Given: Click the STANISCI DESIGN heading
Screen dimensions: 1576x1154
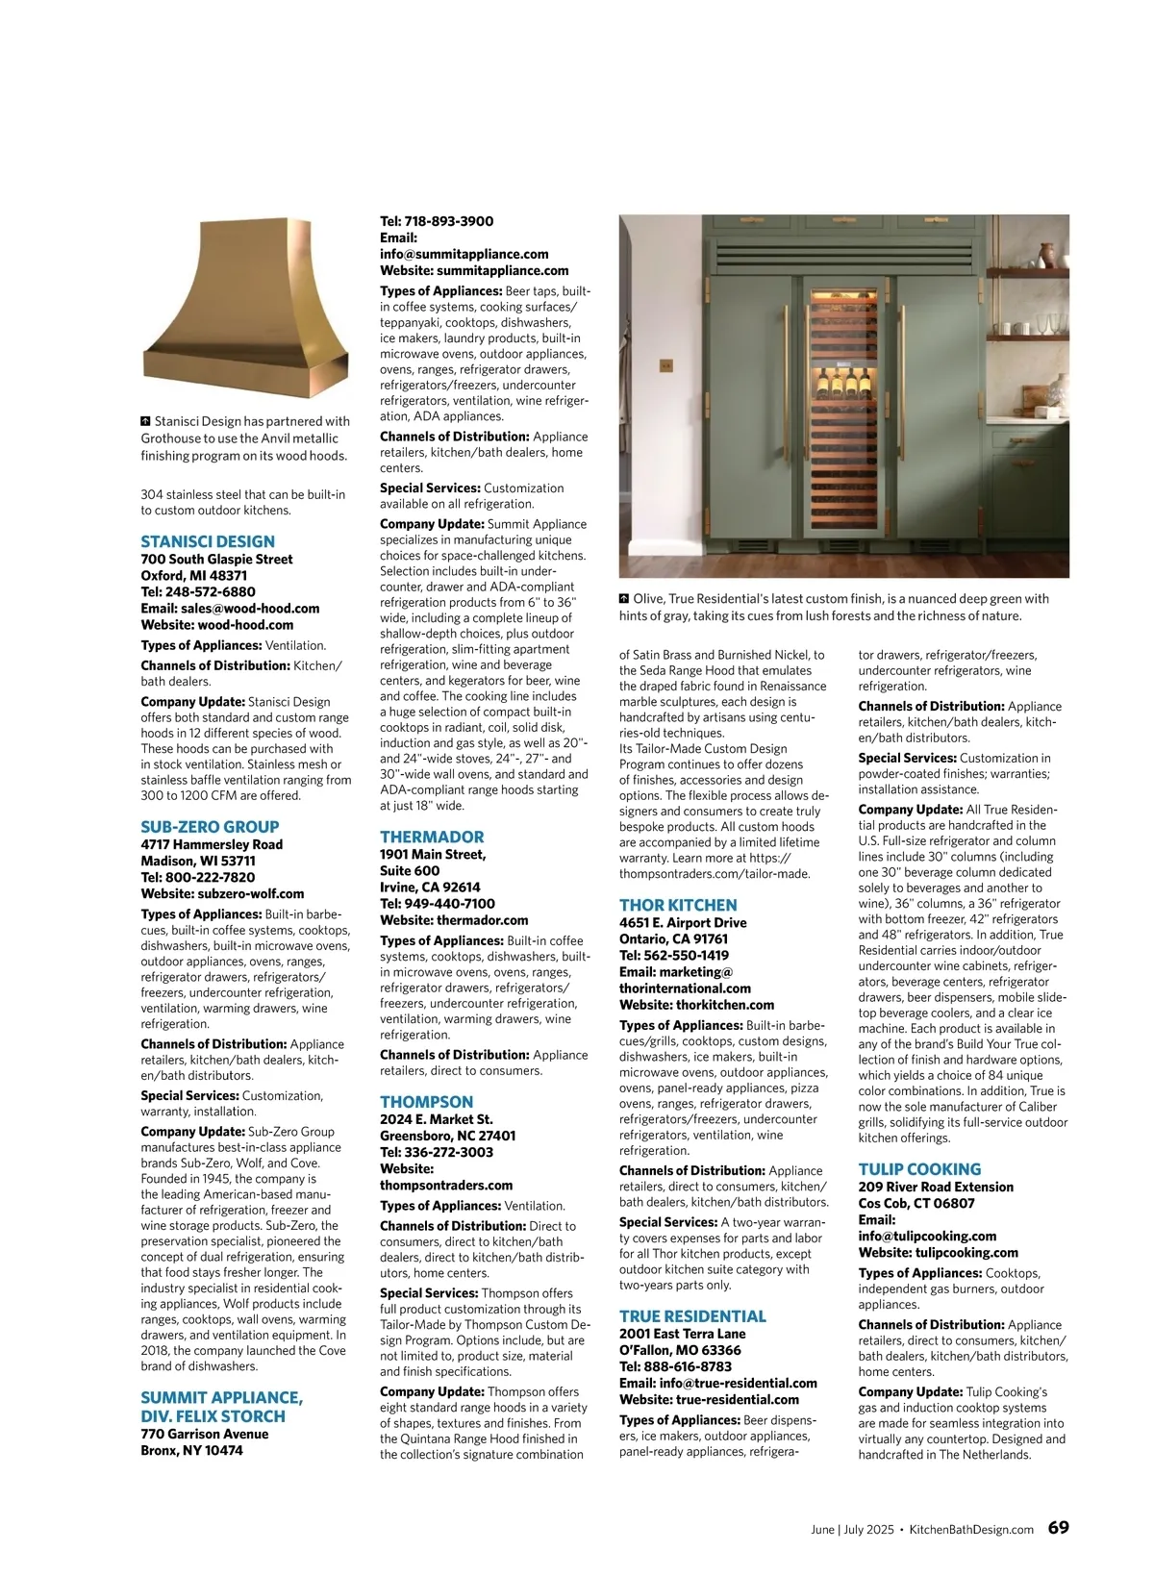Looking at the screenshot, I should pos(208,541).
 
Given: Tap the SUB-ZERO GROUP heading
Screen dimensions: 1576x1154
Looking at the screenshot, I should pos(210,827).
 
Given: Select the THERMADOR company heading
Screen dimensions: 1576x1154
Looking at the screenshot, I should pos(432,837).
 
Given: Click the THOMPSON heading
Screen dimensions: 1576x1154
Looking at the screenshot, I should pos(426,1102).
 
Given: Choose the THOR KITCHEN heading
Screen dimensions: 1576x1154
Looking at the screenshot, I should pos(678,905).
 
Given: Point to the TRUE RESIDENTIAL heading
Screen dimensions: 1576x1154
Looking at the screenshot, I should pos(692,1316).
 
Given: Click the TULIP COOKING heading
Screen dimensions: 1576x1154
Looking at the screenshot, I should pos(919,1169).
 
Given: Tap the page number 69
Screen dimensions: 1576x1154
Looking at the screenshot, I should pos(1058,1528).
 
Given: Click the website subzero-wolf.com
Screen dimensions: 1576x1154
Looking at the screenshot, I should pos(250,893).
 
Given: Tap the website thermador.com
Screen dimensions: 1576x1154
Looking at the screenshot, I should pos(482,920).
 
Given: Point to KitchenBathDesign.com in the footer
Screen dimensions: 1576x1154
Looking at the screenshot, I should pos(971,1530).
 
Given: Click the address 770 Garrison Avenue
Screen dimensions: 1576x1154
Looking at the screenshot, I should pos(205,1434).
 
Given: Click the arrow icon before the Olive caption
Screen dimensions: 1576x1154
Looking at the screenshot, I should pos(624,598).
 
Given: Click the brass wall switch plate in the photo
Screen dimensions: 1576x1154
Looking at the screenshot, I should pos(665,365).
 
